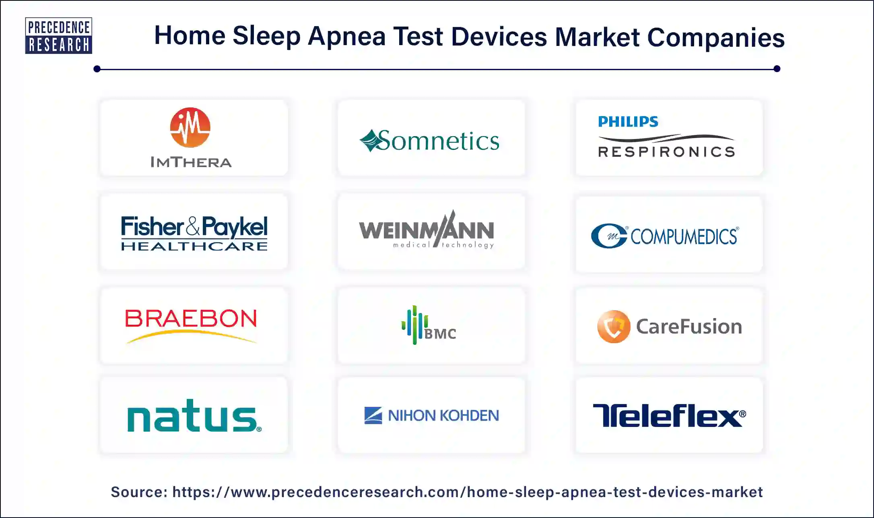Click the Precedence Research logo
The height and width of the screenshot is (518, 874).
click(59, 35)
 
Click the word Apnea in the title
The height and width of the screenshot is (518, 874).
click(347, 36)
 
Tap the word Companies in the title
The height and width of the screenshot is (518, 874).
click(715, 37)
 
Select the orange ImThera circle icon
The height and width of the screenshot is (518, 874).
click(190, 127)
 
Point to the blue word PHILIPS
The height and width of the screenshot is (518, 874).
click(628, 121)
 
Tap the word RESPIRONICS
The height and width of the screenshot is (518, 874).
click(667, 152)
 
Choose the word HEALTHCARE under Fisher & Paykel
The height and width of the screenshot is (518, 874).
click(194, 246)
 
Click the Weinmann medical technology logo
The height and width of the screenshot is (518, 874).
click(427, 231)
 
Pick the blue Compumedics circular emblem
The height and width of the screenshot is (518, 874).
click(609, 236)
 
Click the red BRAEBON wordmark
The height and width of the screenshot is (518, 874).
click(191, 319)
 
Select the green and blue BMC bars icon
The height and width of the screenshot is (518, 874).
click(414, 325)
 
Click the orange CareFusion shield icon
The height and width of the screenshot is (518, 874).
click(614, 326)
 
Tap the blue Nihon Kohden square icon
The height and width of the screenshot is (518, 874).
click(373, 415)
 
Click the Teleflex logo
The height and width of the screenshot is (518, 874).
click(669, 415)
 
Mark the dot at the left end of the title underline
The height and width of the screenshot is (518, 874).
click(97, 69)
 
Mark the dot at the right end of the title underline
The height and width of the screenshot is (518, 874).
click(777, 69)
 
